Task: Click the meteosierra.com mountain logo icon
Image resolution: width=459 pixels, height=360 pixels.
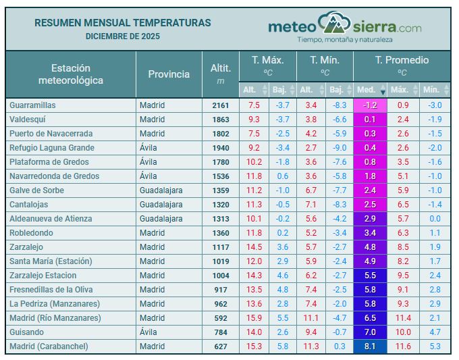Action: [334, 24]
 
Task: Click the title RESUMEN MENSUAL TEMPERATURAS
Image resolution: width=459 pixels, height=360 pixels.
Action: [122, 23]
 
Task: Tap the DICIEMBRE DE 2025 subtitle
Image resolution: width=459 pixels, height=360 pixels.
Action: [122, 36]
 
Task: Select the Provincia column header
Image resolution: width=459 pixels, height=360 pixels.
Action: [169, 74]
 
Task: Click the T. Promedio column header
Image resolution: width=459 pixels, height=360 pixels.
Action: [402, 60]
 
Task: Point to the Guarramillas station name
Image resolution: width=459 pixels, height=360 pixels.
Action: [32, 105]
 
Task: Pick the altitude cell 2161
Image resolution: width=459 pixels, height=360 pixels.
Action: [221, 105]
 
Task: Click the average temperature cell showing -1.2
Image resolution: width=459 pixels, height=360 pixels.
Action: [370, 105]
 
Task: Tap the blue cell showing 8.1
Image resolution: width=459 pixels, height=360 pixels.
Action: [370, 346]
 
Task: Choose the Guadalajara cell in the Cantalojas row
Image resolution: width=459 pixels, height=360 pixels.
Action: [161, 205]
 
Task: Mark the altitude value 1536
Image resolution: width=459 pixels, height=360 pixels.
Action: [221, 176]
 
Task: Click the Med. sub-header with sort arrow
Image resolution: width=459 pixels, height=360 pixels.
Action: [370, 89]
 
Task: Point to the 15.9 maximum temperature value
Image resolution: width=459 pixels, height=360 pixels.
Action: [254, 318]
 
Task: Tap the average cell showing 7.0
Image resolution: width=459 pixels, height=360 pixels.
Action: [370, 332]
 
